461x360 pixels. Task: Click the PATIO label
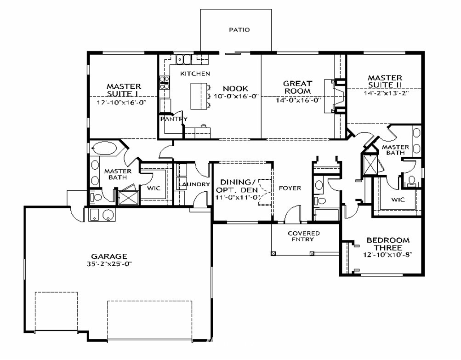pyautogui.click(x=239, y=30)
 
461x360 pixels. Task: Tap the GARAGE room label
pyautogui.click(x=109, y=257)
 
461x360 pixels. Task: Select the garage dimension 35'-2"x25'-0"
pyautogui.click(x=109, y=264)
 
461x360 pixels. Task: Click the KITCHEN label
pyautogui.click(x=195, y=74)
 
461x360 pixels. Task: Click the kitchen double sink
pyautogui.click(x=184, y=59)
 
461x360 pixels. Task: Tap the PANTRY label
pyautogui.click(x=174, y=119)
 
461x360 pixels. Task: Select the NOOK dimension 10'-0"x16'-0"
pyautogui.click(x=236, y=96)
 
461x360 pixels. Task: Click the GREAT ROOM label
pyautogui.click(x=297, y=87)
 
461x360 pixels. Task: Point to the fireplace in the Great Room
pyautogui.click(x=334, y=96)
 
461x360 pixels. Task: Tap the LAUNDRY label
pyautogui.click(x=194, y=184)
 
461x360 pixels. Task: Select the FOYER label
pyautogui.click(x=290, y=188)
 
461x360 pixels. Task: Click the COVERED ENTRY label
pyautogui.click(x=304, y=236)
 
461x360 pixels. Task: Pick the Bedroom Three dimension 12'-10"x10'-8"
pyautogui.click(x=388, y=255)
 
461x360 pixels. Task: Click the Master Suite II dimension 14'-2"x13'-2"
pyautogui.click(x=386, y=93)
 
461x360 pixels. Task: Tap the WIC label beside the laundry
pyautogui.click(x=154, y=188)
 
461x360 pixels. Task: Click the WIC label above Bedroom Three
pyautogui.click(x=398, y=200)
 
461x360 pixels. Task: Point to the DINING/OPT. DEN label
pyautogui.click(x=239, y=186)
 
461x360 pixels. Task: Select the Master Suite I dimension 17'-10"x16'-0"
pyautogui.click(x=121, y=103)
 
